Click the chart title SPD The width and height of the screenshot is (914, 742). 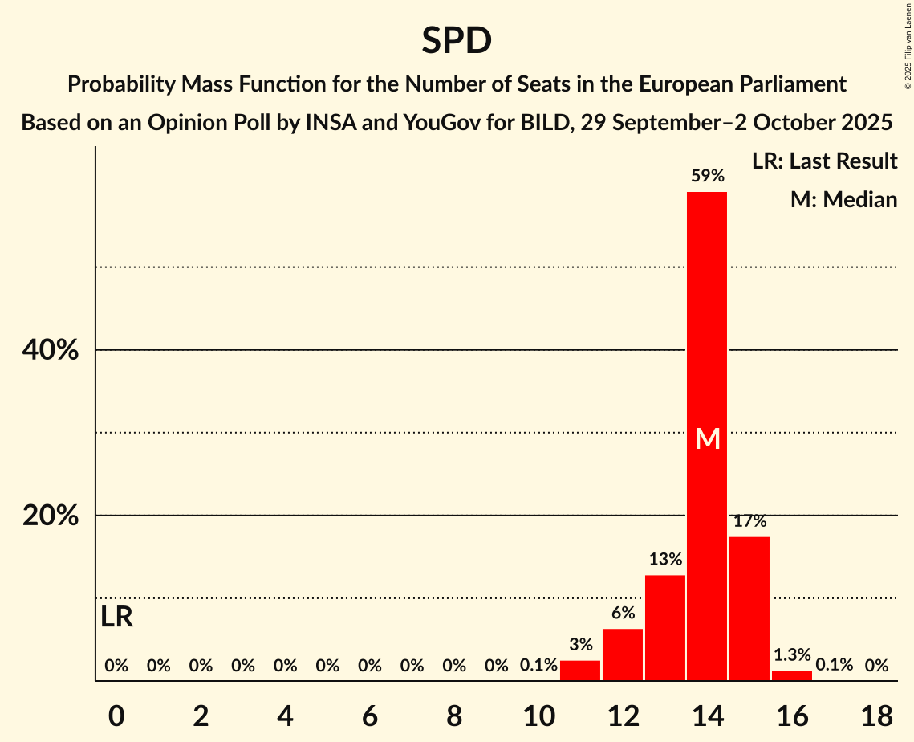(x=457, y=41)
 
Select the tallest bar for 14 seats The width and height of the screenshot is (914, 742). (x=707, y=436)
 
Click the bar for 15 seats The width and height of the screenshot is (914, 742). (x=749, y=608)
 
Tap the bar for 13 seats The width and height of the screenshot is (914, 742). (x=664, y=627)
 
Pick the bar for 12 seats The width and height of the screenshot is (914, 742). (x=623, y=654)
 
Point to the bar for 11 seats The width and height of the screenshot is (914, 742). (x=580, y=670)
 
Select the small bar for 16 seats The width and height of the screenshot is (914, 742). (x=791, y=675)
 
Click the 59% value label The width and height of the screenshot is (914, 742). (x=707, y=176)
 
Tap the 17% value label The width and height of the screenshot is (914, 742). (x=749, y=521)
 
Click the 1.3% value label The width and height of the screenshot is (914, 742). (x=791, y=655)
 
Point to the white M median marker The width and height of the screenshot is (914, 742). (x=707, y=439)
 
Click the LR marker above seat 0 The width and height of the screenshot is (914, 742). (x=117, y=617)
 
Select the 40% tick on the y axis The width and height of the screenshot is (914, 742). (x=50, y=351)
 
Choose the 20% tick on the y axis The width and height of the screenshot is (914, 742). (x=50, y=516)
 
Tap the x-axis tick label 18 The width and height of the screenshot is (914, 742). (x=876, y=716)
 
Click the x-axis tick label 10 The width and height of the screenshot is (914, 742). (x=538, y=716)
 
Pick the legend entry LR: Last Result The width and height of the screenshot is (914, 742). (x=824, y=161)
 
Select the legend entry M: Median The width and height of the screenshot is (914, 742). (x=843, y=199)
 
